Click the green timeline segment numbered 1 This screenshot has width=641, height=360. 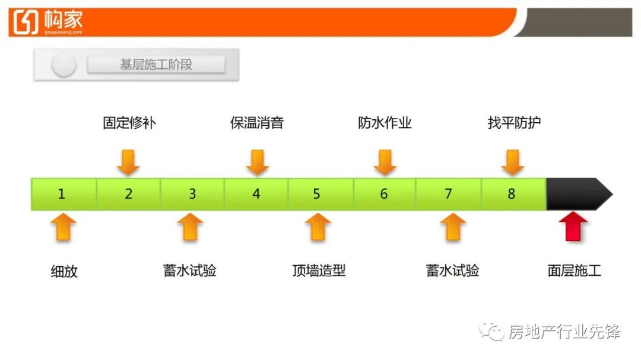coord(63,194)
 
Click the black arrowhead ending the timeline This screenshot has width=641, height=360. coord(579,194)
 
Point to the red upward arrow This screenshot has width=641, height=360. coord(573,227)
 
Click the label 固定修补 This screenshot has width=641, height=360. coord(129,123)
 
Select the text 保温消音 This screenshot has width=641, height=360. coord(257,123)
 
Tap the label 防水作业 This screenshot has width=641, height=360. coord(385,123)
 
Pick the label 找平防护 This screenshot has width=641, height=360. coord(514,123)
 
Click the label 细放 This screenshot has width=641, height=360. coord(64,272)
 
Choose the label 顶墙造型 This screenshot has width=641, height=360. coord(319,270)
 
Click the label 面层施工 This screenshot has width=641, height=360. coord(574,270)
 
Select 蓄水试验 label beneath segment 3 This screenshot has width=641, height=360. coord(190,270)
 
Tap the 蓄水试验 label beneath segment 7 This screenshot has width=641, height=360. coord(452,270)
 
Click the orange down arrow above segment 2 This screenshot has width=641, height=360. coord(128,163)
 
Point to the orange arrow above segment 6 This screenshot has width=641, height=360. coord(385,163)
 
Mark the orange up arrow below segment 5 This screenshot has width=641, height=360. coord(318,227)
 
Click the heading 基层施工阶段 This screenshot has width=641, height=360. coord(156,65)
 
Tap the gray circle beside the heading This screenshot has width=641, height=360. coord(64,65)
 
